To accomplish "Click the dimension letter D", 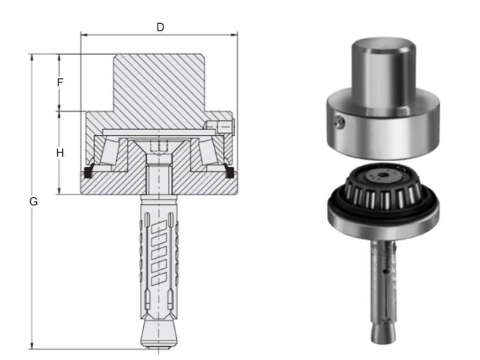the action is coord(160,27).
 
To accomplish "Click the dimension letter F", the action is coord(60,82).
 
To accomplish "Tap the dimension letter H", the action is coord(60,153).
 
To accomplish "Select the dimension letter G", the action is coord(33,202).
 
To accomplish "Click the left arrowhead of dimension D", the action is coord(84,35).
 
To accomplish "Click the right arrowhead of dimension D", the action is coord(234,35).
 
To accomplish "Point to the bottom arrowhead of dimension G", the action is coord(31,346).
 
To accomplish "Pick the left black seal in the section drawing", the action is coord(88,172).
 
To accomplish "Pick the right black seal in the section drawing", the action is coord(229,171).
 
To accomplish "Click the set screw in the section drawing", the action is coord(219,125).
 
